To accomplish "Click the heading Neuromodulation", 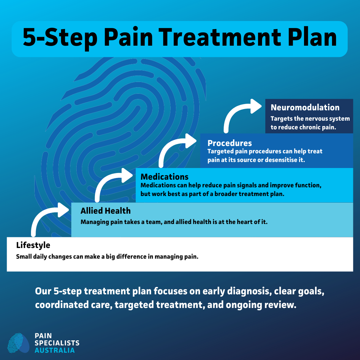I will pyautogui.click(x=305, y=108).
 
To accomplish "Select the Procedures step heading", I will pyautogui.click(x=230, y=143).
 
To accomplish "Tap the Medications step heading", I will pyautogui.click(x=164, y=176).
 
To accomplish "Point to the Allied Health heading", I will pyautogui.click(x=106, y=211).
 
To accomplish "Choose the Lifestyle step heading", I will pyautogui.click(x=33, y=245).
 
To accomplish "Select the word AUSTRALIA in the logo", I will pyautogui.click(x=55, y=350).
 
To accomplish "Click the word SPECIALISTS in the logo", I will pyautogui.click(x=57, y=343).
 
